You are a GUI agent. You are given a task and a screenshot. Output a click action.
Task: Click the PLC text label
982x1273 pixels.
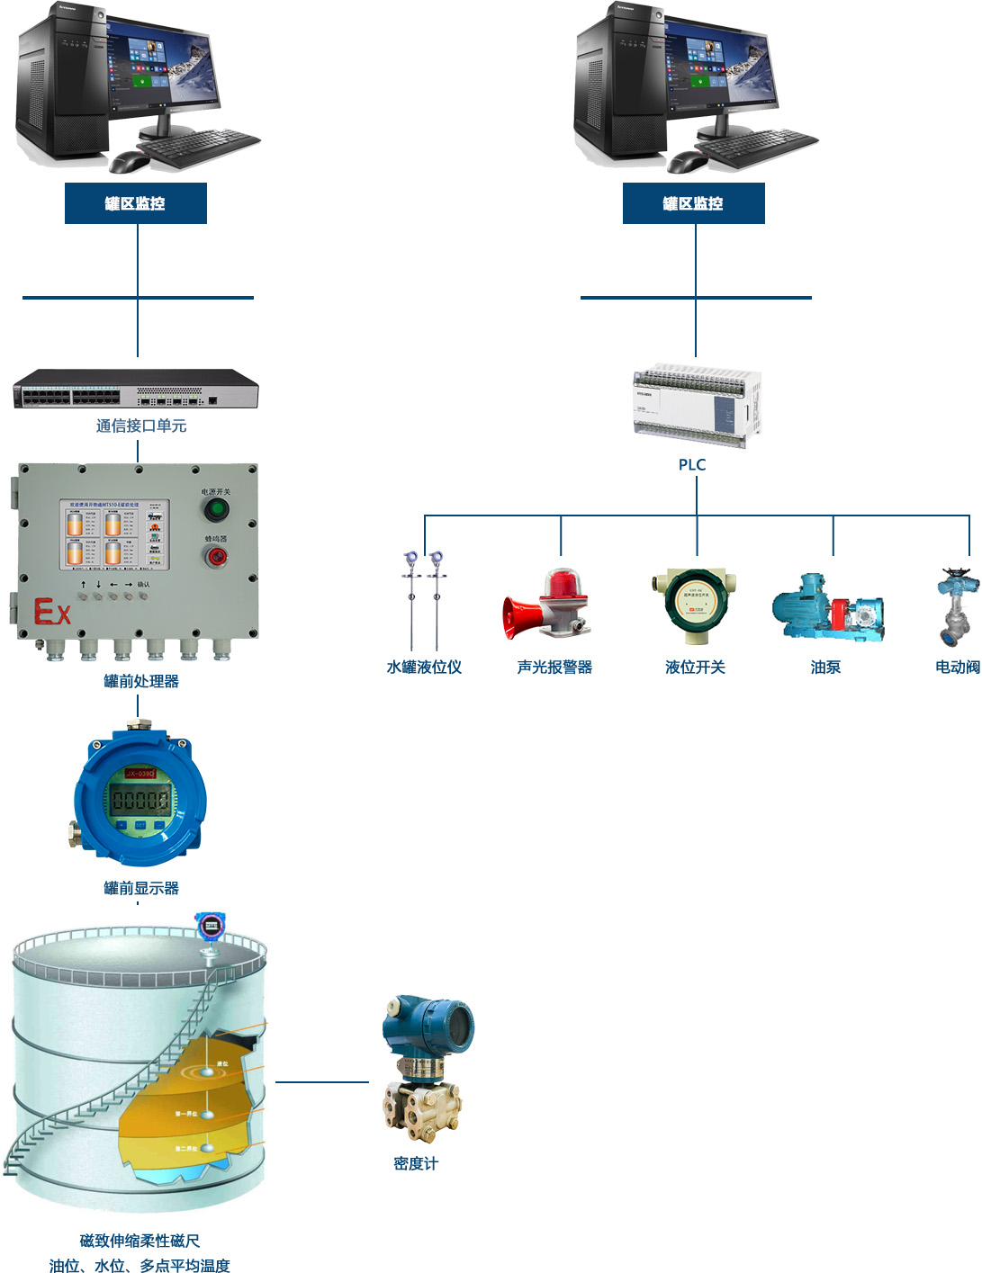(691, 464)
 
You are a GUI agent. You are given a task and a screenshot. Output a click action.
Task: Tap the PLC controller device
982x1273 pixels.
(698, 405)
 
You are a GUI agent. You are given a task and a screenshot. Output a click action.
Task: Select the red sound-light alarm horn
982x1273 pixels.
(546, 605)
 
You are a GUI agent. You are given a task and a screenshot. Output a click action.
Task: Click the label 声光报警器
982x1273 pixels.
(554, 667)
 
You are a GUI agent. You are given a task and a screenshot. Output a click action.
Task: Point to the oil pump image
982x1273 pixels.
(827, 607)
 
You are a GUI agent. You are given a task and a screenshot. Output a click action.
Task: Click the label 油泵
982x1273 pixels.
(825, 667)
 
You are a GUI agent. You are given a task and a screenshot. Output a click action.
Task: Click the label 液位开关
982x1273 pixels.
(695, 667)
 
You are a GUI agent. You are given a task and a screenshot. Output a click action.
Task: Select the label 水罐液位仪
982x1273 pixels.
(424, 667)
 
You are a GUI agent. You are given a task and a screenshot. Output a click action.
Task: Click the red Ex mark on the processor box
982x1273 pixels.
(51, 612)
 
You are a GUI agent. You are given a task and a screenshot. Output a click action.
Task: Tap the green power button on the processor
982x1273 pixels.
(216, 510)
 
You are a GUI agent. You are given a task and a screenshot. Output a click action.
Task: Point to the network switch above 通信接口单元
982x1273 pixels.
(136, 389)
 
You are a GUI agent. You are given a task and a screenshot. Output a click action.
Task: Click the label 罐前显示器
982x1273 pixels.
(141, 888)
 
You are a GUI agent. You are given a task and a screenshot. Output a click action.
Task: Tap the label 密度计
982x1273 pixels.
(416, 1163)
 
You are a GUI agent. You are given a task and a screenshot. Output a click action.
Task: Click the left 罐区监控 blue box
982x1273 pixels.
(136, 203)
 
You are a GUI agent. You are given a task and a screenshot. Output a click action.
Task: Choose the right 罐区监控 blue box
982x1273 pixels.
(694, 203)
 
